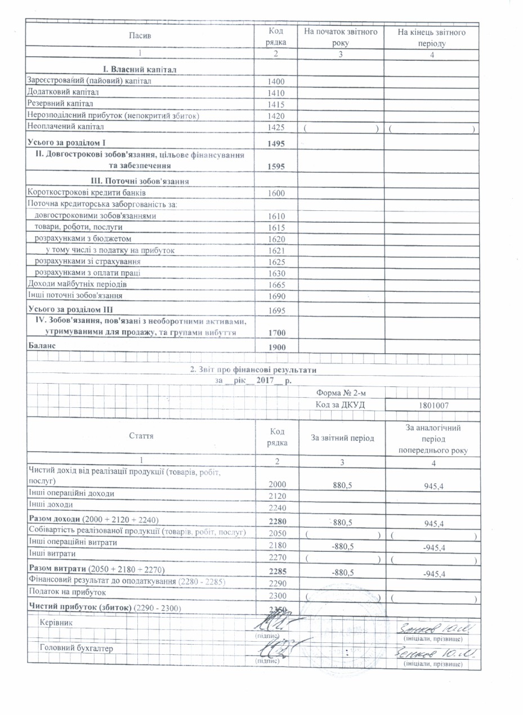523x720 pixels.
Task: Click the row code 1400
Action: (x=277, y=82)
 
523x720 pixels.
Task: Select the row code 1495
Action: (x=277, y=144)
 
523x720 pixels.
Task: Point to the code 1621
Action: (x=277, y=250)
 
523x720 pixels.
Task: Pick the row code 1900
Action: (x=277, y=348)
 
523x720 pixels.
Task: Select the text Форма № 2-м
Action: (x=340, y=392)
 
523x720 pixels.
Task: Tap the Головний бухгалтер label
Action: (x=76, y=649)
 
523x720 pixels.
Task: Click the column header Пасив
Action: (x=140, y=35)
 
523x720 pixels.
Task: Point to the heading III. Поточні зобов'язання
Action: (x=140, y=181)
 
